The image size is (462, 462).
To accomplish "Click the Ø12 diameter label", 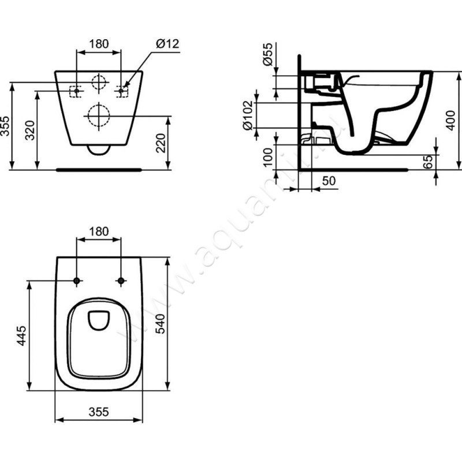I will (x=169, y=44).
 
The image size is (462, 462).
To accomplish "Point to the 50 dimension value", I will (x=327, y=181).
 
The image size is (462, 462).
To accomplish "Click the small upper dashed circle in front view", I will (x=99, y=83).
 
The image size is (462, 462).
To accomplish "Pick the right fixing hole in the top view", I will (x=121, y=281).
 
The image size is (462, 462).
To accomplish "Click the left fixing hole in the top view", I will (x=77, y=281).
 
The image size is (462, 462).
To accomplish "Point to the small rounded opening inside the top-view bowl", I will (x=99, y=319).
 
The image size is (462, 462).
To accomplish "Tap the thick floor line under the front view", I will (x=99, y=170).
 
